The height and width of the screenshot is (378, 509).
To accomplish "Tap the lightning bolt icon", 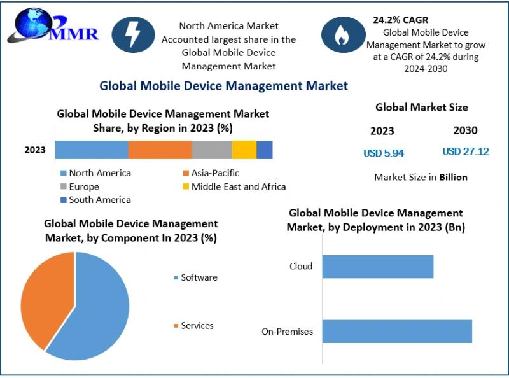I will [x=134, y=35].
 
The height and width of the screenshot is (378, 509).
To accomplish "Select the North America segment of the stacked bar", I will [x=92, y=150].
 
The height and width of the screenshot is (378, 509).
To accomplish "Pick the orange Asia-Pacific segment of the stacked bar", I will [x=160, y=150].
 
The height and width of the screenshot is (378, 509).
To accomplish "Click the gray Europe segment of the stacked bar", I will [x=212, y=150].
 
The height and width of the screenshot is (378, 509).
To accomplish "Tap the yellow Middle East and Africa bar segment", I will [x=244, y=150].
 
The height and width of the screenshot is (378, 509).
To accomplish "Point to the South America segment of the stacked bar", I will [x=265, y=150].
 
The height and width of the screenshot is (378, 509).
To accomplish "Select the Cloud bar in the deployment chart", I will [x=377, y=267].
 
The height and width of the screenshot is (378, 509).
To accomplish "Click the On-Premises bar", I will [x=397, y=332].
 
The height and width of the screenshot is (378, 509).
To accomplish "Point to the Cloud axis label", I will [x=301, y=266].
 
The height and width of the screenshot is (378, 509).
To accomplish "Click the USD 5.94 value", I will [x=384, y=153].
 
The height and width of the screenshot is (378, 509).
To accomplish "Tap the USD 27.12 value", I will [x=466, y=151].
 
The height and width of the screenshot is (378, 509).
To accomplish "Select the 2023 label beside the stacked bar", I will [x=35, y=150].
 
